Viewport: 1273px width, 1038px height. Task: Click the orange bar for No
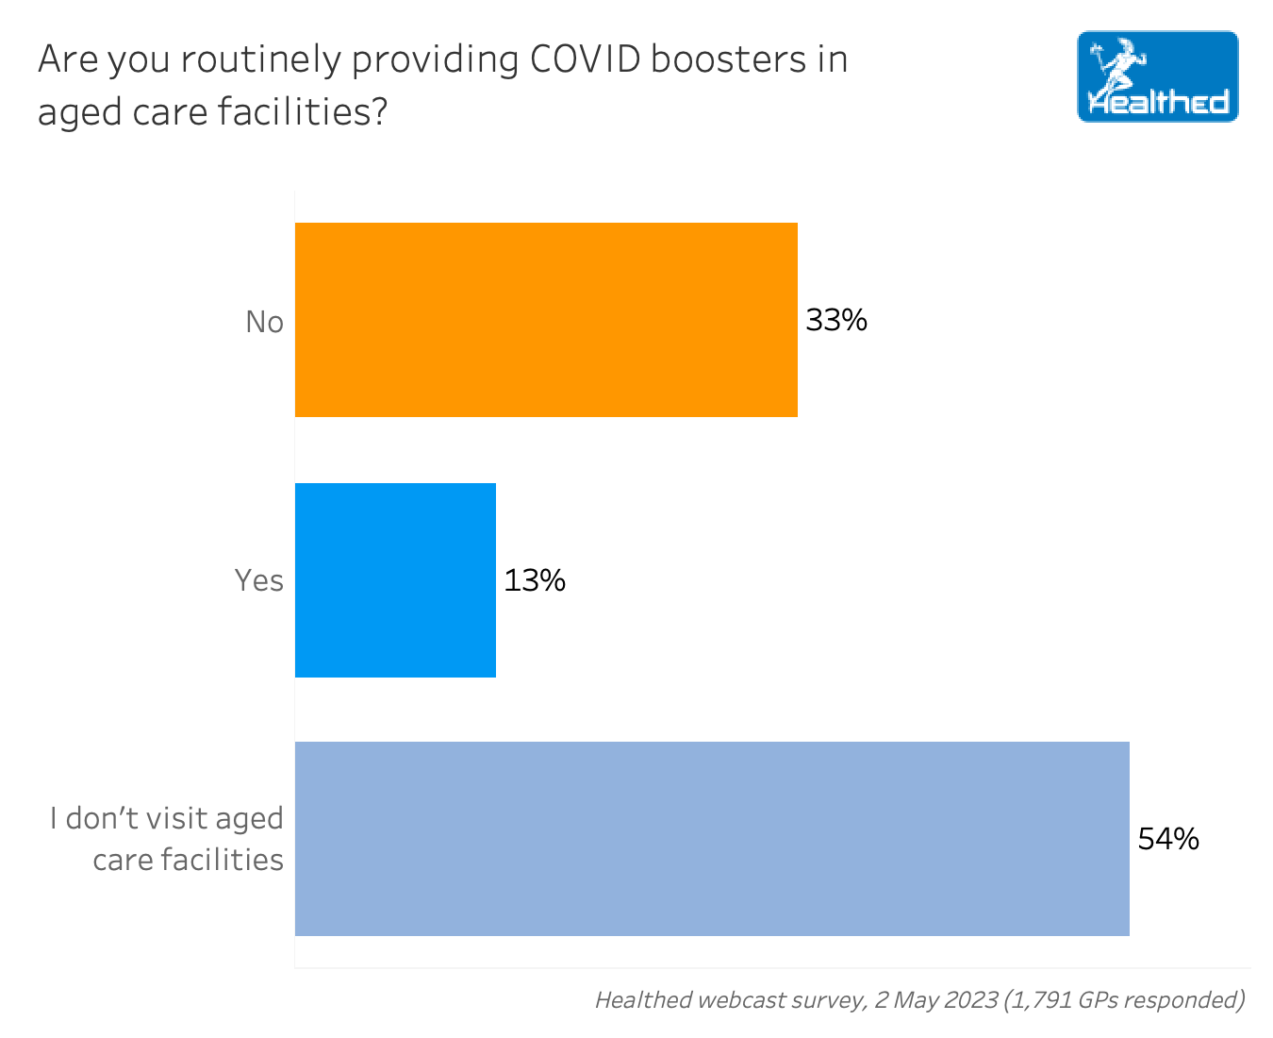coord(546,320)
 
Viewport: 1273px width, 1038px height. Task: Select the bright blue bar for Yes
coord(395,580)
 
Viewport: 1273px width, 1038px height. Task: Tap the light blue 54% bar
coord(712,839)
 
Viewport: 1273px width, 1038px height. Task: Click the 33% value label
coord(836,321)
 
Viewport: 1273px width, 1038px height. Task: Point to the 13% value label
coord(535,580)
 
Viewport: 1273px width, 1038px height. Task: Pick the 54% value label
coord(1168,839)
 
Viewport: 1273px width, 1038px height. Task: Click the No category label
coord(264,322)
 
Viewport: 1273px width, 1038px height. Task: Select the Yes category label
coord(258,580)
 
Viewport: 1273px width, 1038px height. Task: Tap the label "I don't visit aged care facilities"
coord(168,839)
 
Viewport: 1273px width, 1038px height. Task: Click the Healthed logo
coord(1157,76)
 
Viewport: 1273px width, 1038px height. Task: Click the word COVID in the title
coord(584,59)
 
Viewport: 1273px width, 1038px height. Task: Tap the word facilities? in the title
coord(303,112)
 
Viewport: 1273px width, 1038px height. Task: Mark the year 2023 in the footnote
coord(970,999)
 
